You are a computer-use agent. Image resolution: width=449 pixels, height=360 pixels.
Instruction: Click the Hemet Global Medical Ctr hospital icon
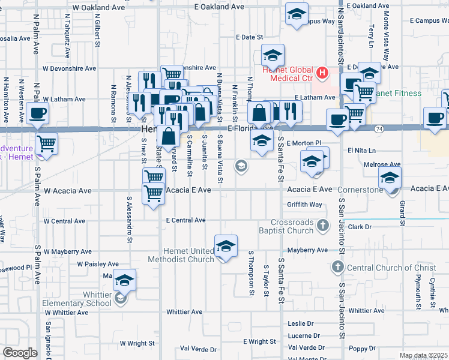point(323,73)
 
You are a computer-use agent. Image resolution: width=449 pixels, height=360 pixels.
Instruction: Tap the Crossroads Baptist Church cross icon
point(323,226)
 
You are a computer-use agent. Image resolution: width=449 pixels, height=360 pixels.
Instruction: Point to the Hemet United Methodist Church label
point(188,255)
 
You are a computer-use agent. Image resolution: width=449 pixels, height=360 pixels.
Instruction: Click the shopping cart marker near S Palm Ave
point(46,144)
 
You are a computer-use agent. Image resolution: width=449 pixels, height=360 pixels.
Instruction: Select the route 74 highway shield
point(378,128)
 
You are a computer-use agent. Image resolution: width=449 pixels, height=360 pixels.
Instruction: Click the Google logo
point(20,353)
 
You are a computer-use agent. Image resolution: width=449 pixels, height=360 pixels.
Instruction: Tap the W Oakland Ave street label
point(98,8)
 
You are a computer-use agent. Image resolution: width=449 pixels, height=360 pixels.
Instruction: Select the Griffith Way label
point(304,205)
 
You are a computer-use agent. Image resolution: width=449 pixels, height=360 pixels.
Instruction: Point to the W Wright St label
point(137,344)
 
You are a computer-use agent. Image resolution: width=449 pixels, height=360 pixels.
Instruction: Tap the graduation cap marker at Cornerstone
point(390,178)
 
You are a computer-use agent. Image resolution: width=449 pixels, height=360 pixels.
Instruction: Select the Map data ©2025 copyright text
point(423,356)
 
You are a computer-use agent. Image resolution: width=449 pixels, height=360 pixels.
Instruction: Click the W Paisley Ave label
point(98,264)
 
